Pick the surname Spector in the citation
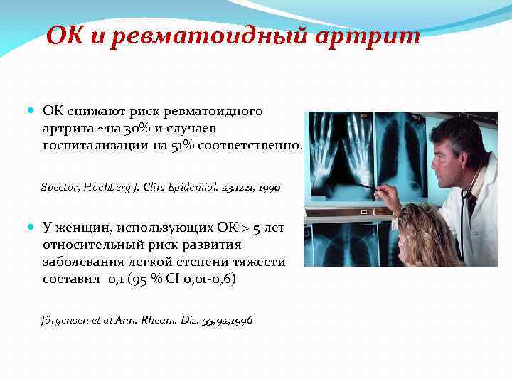point(61,188)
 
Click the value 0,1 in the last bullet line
point(116,279)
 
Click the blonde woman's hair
point(420,228)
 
